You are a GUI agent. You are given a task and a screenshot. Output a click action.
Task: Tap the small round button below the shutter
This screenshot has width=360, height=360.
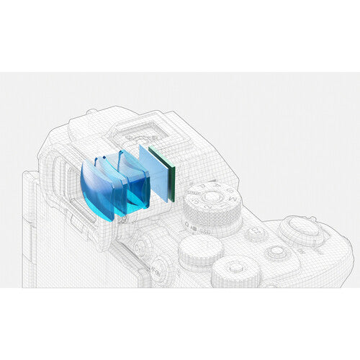click(276, 252)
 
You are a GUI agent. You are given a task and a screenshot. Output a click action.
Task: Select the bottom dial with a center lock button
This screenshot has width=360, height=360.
click(236, 272)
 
